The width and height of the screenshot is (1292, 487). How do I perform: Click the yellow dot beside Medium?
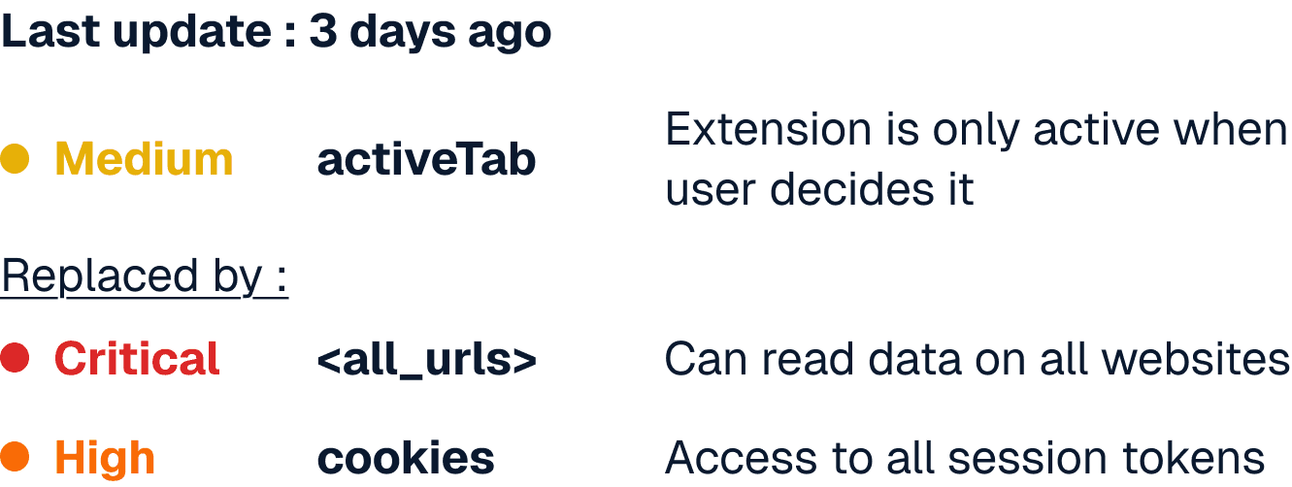[15, 158]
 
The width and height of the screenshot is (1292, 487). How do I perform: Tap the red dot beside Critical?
[15, 357]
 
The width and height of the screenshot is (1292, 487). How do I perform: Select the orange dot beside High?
[15, 457]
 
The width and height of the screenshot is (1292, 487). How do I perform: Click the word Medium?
[144, 159]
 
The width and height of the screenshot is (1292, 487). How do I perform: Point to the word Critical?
[137, 359]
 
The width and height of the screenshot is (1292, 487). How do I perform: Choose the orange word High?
[105, 458]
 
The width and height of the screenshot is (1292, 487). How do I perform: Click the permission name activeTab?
[426, 160]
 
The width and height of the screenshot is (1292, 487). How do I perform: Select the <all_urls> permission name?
[427, 360]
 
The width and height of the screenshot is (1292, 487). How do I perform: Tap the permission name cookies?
[406, 458]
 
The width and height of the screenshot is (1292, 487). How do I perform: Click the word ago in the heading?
[510, 33]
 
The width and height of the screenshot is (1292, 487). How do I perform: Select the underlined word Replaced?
[99, 277]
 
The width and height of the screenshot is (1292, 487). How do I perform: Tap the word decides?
[851, 189]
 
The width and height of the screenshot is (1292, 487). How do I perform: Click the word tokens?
[1193, 458]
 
